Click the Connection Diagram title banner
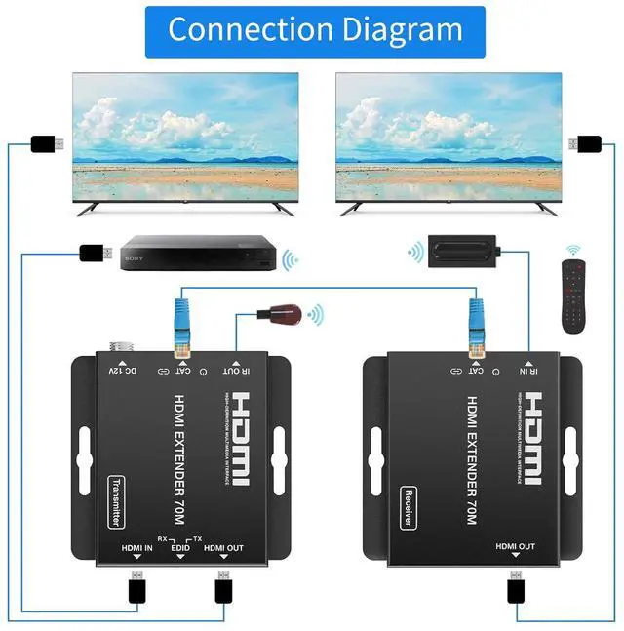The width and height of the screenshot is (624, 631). click(315, 29)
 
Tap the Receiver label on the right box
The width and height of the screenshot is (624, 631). click(410, 507)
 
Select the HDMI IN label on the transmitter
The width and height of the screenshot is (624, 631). click(137, 549)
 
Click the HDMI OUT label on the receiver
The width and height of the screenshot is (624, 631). click(515, 547)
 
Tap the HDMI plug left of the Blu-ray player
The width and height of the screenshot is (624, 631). click(94, 256)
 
